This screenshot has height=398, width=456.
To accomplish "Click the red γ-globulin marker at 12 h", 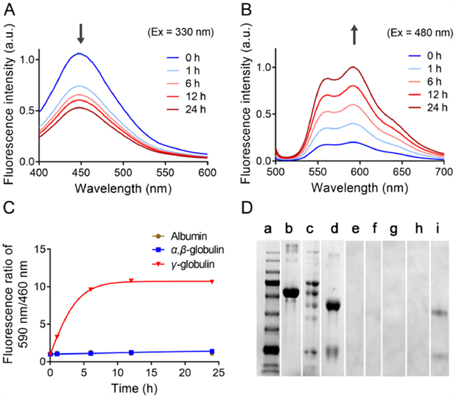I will click(x=132, y=281).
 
